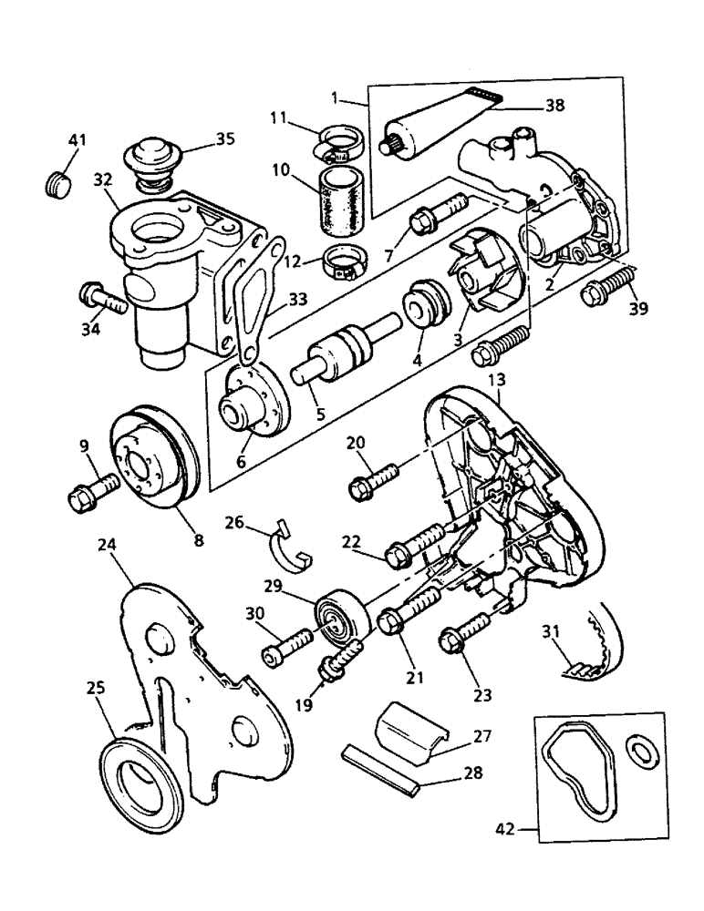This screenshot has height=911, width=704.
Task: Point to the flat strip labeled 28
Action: [380, 768]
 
